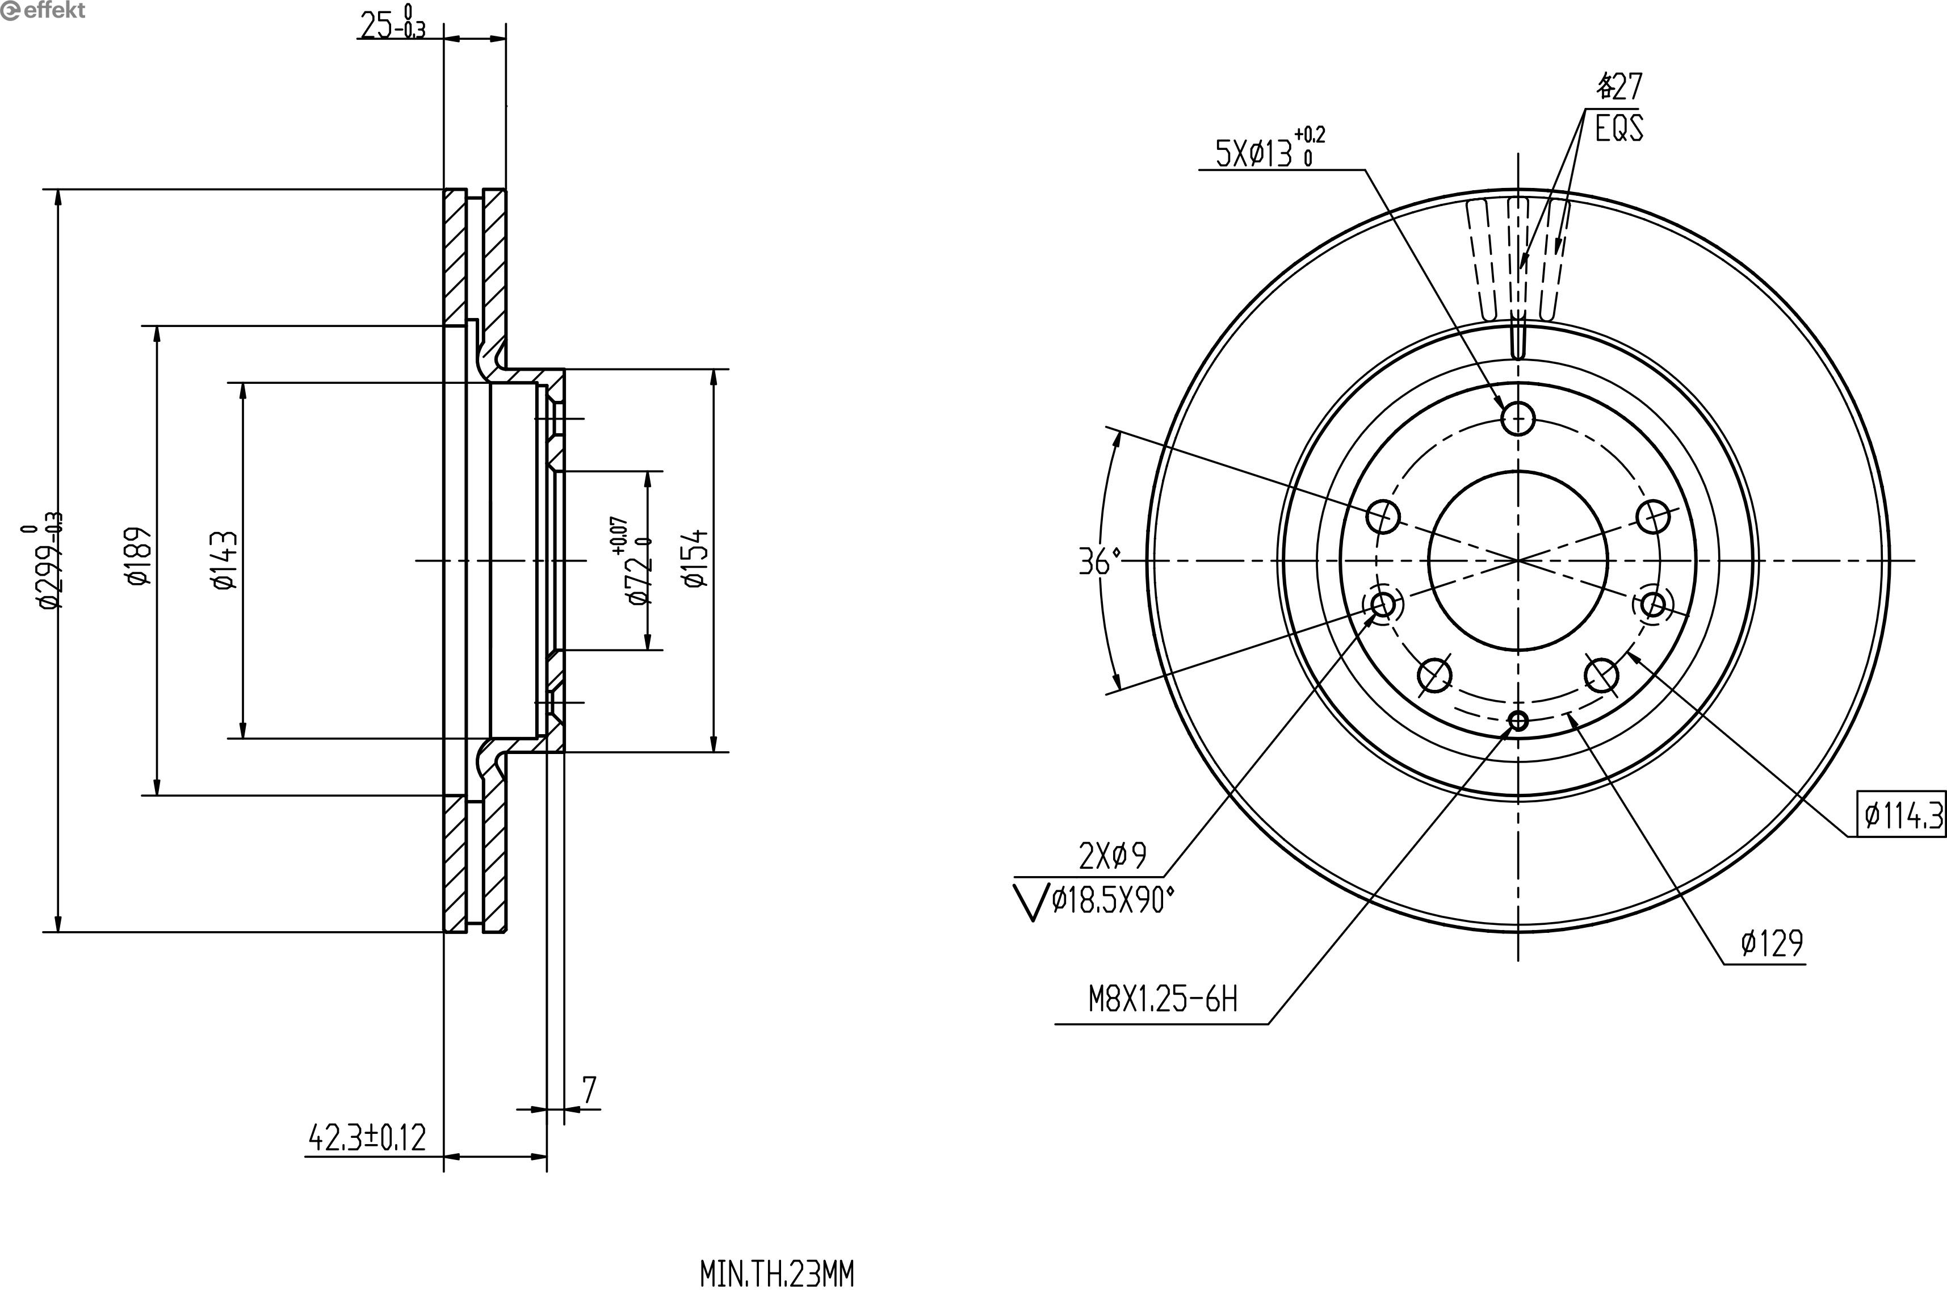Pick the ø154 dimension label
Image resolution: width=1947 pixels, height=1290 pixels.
(695, 558)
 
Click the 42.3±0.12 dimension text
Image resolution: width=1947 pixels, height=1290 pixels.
(367, 1138)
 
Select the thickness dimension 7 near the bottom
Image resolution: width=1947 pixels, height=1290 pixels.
(589, 1090)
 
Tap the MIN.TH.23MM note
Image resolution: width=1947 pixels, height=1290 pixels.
(777, 1274)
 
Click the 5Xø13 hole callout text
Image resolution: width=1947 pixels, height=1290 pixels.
(1270, 148)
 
